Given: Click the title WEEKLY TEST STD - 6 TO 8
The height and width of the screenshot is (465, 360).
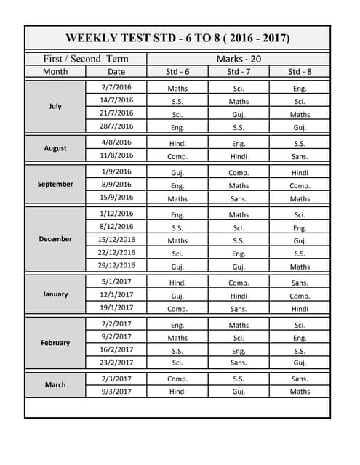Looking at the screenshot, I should [177, 38].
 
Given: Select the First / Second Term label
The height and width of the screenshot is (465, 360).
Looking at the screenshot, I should [86, 59].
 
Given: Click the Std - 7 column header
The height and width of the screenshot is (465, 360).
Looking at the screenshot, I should [239, 72].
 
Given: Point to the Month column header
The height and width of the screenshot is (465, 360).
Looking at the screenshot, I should [55, 72].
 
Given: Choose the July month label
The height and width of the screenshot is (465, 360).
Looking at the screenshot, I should [55, 106].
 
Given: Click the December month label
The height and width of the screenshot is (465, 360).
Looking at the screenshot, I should [55, 239].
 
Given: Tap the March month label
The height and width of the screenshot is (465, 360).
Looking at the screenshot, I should [55, 385].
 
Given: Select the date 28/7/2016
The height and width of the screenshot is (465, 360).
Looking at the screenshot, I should [116, 126].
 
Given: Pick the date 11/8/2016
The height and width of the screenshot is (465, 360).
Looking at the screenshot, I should [116, 155].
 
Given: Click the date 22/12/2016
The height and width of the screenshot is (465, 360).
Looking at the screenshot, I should [116, 253].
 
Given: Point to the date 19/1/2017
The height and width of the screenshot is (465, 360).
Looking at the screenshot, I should [116, 307].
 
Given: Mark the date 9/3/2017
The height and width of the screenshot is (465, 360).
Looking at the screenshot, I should [116, 392].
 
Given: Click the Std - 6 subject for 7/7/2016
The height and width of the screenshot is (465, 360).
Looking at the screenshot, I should [177, 89].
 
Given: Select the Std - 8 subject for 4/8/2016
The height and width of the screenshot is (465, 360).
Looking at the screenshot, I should [300, 144].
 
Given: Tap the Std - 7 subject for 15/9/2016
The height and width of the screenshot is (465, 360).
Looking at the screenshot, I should [239, 198].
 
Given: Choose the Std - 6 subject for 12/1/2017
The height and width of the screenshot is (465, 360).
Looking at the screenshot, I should [177, 296].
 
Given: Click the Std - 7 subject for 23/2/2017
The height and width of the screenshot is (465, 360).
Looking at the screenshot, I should [239, 363].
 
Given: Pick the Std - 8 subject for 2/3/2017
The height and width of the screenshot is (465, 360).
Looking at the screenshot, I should [300, 379].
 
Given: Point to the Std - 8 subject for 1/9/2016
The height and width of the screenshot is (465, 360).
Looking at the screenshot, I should [300, 173].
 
